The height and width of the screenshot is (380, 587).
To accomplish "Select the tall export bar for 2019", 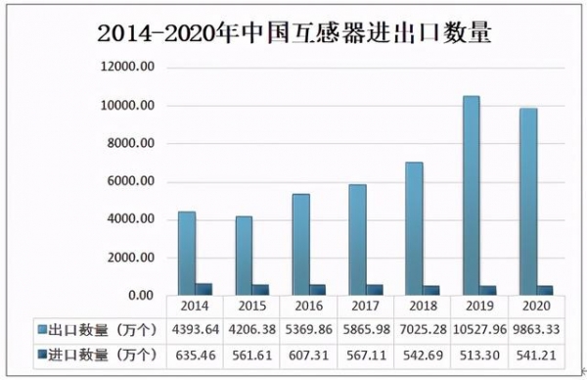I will coord(472,196).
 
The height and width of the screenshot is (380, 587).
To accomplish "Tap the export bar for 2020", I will coord(528,202).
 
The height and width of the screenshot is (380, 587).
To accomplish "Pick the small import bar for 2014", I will coord(203,290).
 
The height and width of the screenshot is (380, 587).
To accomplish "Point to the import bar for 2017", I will coord(375,291).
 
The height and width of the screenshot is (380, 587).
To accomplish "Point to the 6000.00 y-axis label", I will coord(132,182).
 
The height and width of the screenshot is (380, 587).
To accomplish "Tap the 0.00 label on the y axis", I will coord(141,296).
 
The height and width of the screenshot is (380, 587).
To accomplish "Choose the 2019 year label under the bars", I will coord(477,307).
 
